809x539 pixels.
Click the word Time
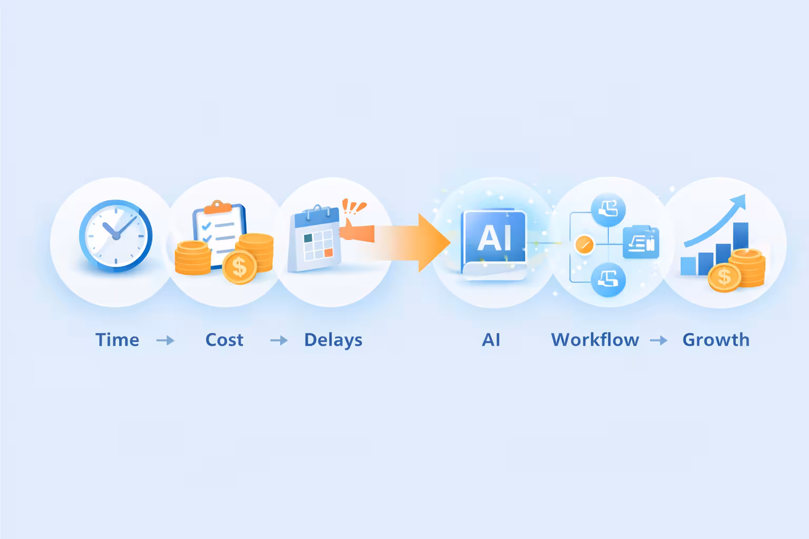tap(117, 340)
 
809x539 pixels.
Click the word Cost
tap(224, 340)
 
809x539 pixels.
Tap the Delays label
tap(333, 340)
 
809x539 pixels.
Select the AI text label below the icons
tap(491, 340)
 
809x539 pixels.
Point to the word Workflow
tap(595, 340)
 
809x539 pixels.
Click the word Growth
tap(716, 340)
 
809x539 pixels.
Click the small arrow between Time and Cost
tap(165, 341)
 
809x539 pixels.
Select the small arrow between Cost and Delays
tap(279, 341)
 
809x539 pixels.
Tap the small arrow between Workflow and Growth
tap(658, 341)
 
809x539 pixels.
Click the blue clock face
tap(115, 235)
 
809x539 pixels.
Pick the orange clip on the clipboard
tap(218, 206)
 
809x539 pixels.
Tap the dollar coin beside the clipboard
tap(239, 267)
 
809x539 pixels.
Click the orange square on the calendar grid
tap(329, 253)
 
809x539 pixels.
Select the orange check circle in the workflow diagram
tap(584, 244)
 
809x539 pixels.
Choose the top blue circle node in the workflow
tap(608, 209)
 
